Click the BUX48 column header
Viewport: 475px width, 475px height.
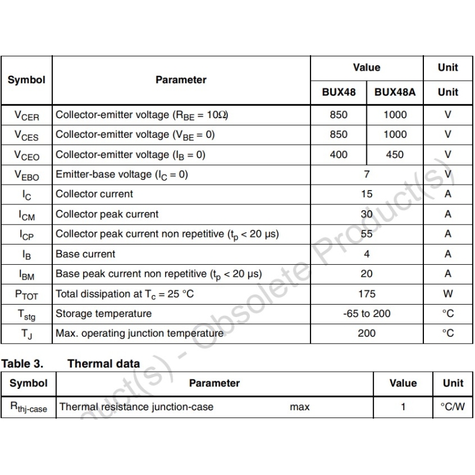point(338,92)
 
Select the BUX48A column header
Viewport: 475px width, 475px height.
point(395,92)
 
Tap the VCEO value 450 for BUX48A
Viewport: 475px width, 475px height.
point(395,154)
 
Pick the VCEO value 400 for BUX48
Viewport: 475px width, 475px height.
point(338,154)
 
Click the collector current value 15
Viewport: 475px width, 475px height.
point(366,194)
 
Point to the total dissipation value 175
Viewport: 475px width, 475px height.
point(366,293)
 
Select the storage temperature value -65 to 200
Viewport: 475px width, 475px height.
point(366,313)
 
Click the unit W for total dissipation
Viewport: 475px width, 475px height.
point(448,293)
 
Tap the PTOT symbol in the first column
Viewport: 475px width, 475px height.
point(26,294)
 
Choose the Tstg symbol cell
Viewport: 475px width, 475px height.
point(26,314)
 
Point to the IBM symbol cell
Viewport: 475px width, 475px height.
point(26,274)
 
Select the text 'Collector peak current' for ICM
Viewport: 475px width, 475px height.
point(107,214)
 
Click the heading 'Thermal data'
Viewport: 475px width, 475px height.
point(104,363)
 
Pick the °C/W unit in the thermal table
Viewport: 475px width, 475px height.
point(452,407)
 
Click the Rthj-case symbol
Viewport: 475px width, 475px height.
point(28,407)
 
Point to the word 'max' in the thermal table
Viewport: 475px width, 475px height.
point(300,407)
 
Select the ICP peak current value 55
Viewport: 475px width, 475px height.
point(366,234)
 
